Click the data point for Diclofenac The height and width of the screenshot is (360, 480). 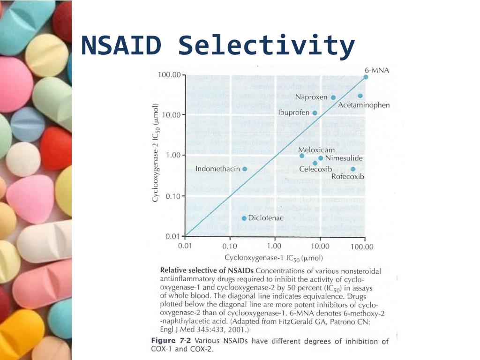[244, 218]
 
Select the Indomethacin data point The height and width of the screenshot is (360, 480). [245, 169]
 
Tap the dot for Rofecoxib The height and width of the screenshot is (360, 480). [353, 169]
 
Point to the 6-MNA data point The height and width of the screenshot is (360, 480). [366, 77]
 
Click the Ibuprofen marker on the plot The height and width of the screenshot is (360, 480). [315, 113]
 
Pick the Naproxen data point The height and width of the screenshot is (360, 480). [333, 97]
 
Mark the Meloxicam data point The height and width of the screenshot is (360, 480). [302, 156]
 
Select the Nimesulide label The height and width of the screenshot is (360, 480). [344, 158]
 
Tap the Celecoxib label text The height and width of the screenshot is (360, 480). [315, 169]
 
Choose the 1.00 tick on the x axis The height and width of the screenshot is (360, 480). [274, 246]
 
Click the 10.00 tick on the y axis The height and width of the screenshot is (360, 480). [171, 115]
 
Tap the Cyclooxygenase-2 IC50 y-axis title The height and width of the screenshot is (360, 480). [156, 152]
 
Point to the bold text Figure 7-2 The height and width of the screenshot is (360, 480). [171, 341]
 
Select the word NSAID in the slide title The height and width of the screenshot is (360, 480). [121, 45]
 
